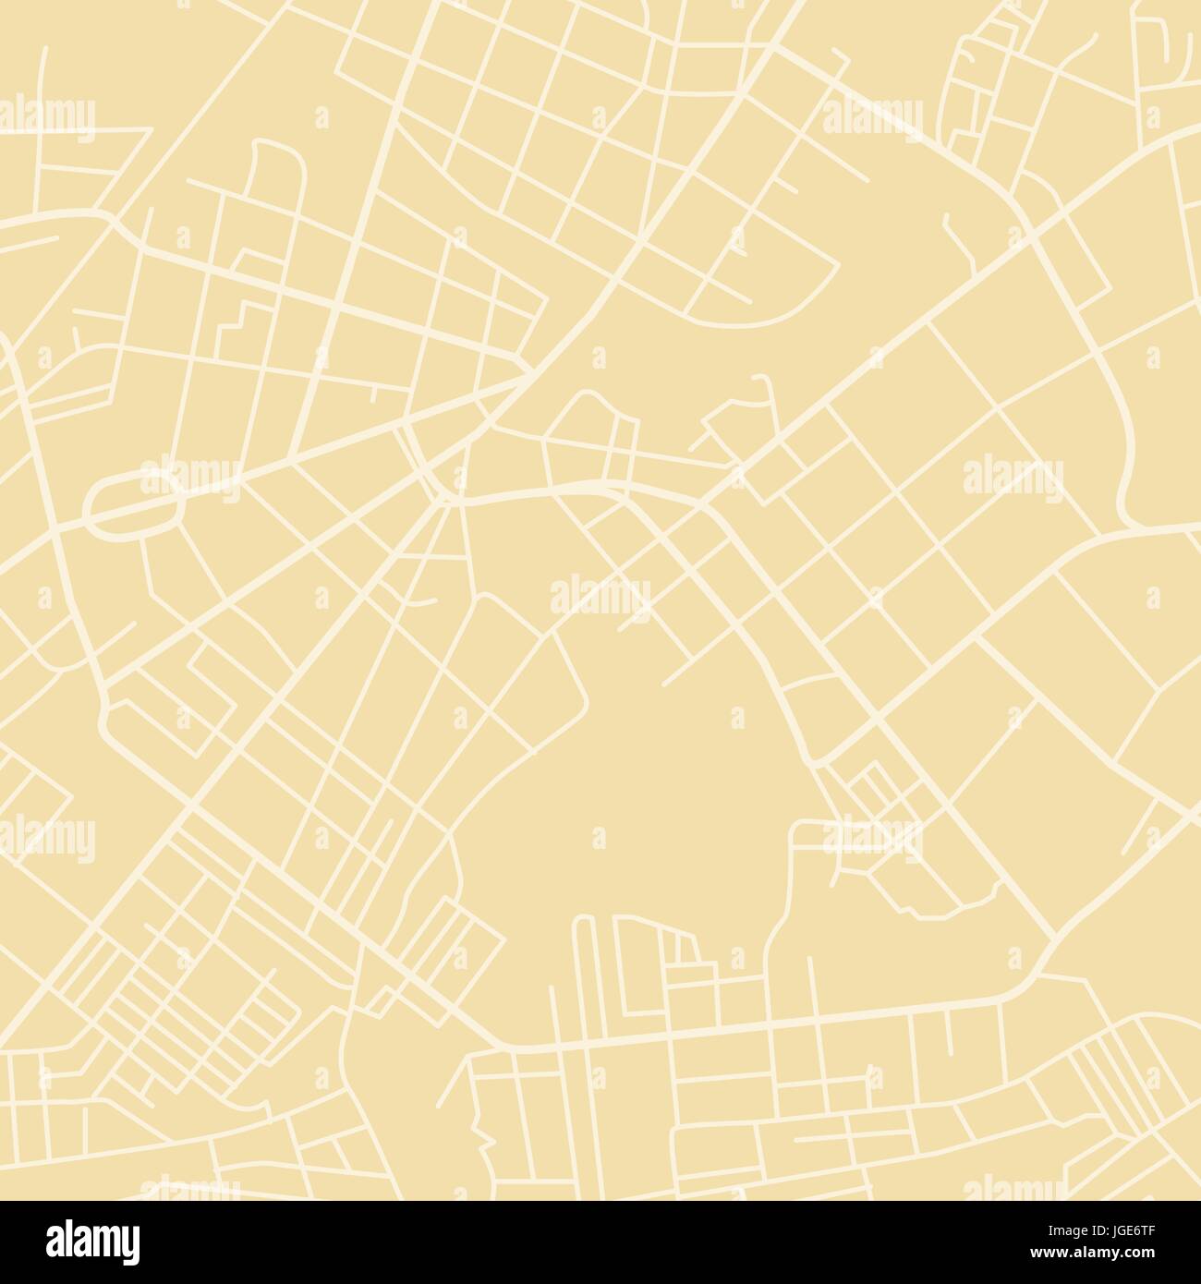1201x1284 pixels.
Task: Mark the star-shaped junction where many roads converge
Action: [447, 500]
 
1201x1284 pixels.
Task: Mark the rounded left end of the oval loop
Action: [89, 506]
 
